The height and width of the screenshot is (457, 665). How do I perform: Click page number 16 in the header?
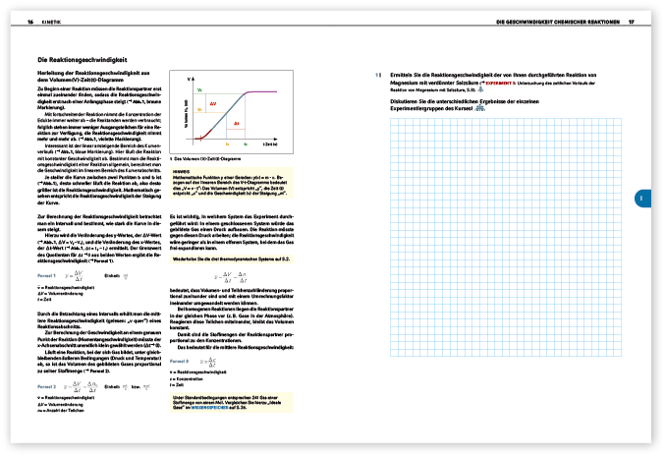pos(29,20)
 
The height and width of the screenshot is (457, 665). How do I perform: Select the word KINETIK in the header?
pos(50,20)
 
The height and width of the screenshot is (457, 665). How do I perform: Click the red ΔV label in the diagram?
pos(213,102)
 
